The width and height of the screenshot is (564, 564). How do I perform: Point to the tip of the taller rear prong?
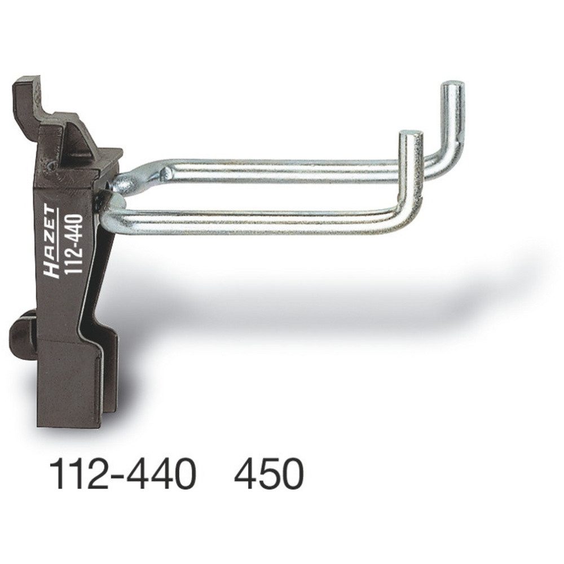tap(453, 86)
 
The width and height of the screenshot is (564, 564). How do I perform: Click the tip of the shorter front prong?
tap(412, 135)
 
